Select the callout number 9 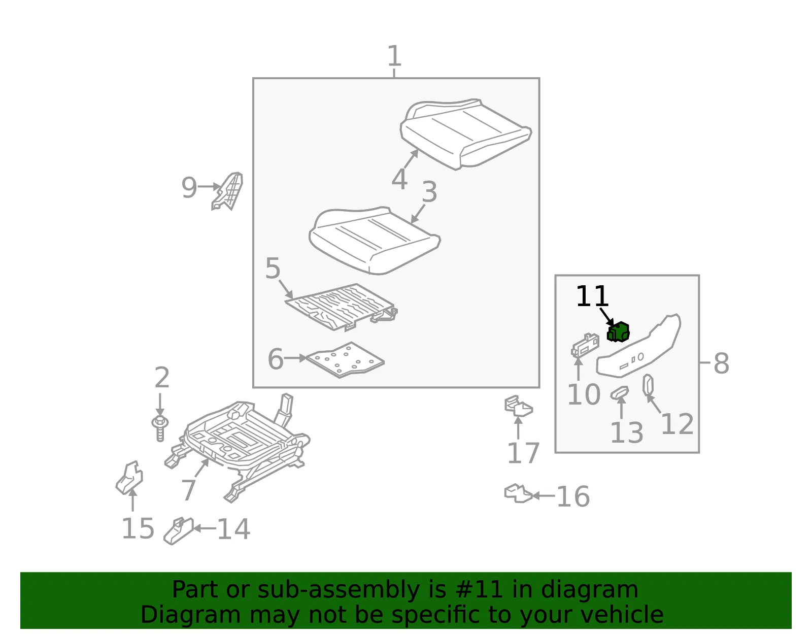189,187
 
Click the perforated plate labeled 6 345,360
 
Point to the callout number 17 524,453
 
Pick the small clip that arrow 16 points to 518,493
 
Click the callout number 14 233,529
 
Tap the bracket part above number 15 129,478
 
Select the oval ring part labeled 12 648,385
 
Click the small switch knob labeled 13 620,393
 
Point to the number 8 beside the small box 721,363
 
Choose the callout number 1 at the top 394,56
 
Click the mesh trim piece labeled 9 227,191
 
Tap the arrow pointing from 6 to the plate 295,358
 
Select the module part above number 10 585,345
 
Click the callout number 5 273,268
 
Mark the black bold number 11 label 592,296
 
